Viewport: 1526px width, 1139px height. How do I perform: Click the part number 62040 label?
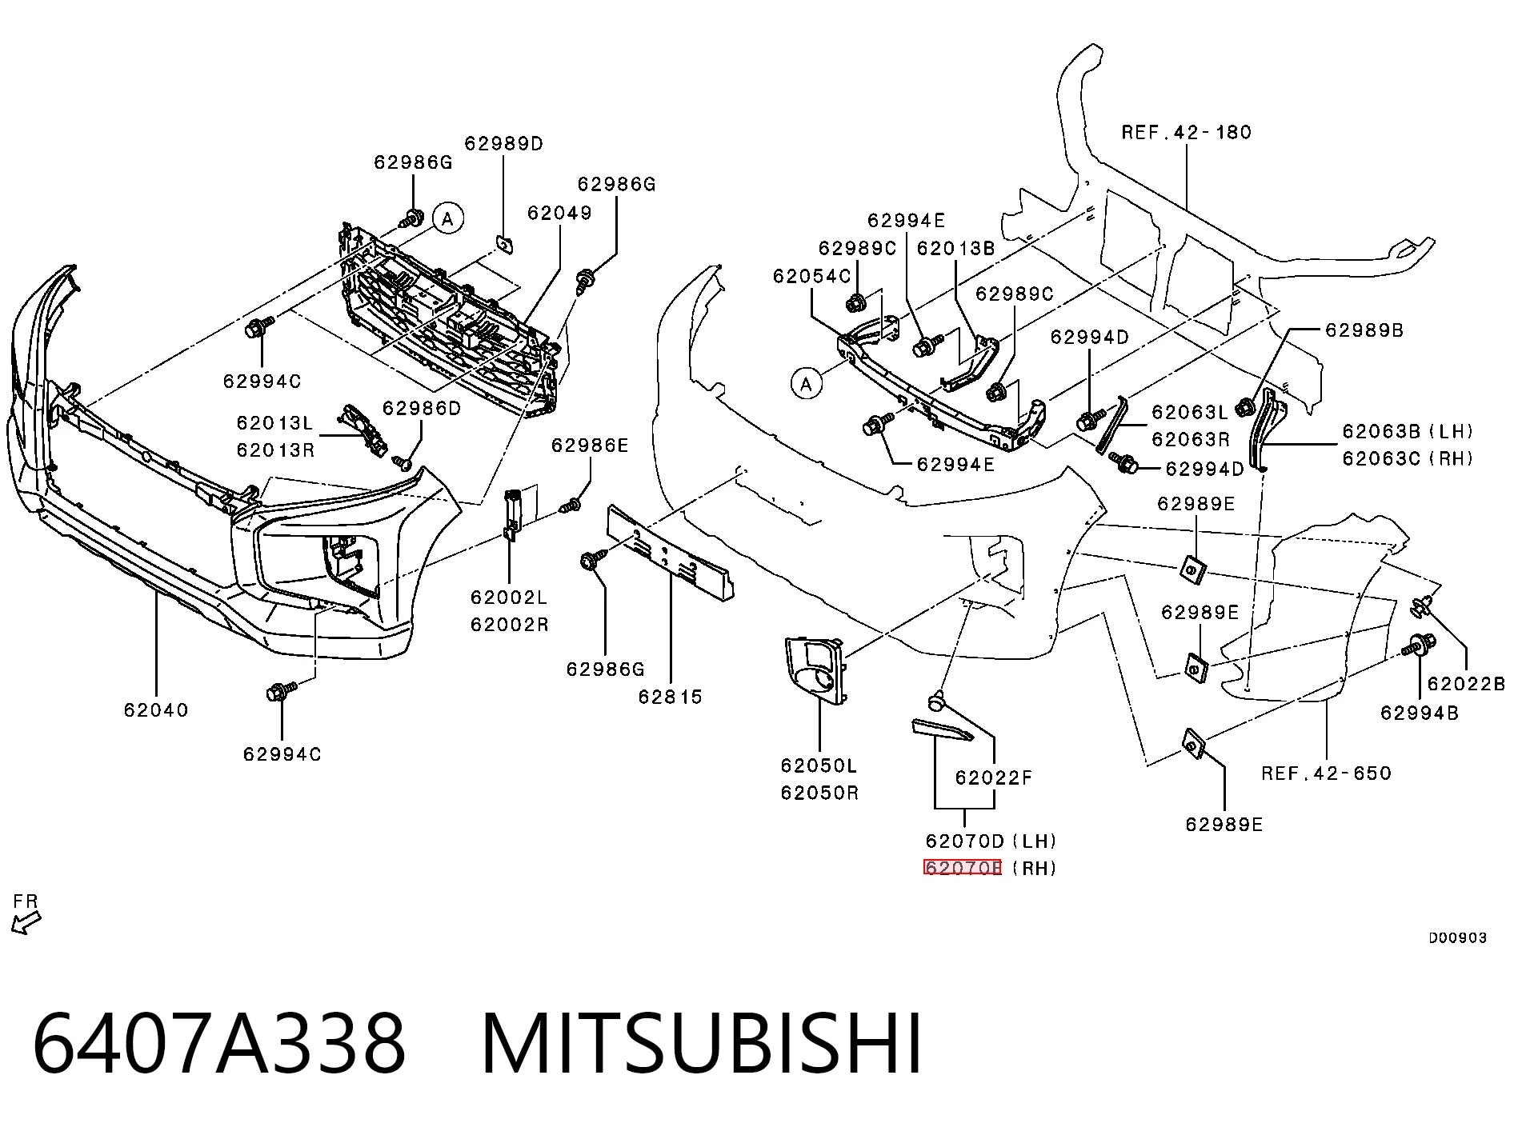pos(156,709)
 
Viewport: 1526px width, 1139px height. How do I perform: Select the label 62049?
pos(559,213)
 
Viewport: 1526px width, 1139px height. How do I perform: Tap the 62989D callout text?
pos(503,143)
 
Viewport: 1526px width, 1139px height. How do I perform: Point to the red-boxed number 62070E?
pos(963,868)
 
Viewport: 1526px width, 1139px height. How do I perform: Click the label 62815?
pos(671,697)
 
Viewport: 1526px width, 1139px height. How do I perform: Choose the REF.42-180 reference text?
pos(1186,132)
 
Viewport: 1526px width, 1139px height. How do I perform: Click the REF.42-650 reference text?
pos(1326,773)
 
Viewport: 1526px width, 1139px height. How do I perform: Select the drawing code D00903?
pos(1458,938)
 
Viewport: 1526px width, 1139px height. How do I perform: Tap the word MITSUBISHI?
pos(702,1045)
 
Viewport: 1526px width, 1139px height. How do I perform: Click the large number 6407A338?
pos(219,1045)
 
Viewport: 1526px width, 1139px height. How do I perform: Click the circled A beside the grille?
pos(448,218)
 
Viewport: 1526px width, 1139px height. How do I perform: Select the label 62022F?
pos(994,777)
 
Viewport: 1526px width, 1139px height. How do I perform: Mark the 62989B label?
pos(1364,330)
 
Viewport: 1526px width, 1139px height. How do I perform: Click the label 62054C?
pos(811,276)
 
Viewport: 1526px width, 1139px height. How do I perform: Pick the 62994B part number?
pos(1420,713)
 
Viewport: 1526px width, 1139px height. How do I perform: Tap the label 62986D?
pos(422,408)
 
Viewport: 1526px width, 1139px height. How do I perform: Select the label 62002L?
pos(509,597)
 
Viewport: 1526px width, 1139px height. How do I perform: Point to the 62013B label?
pos(955,248)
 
